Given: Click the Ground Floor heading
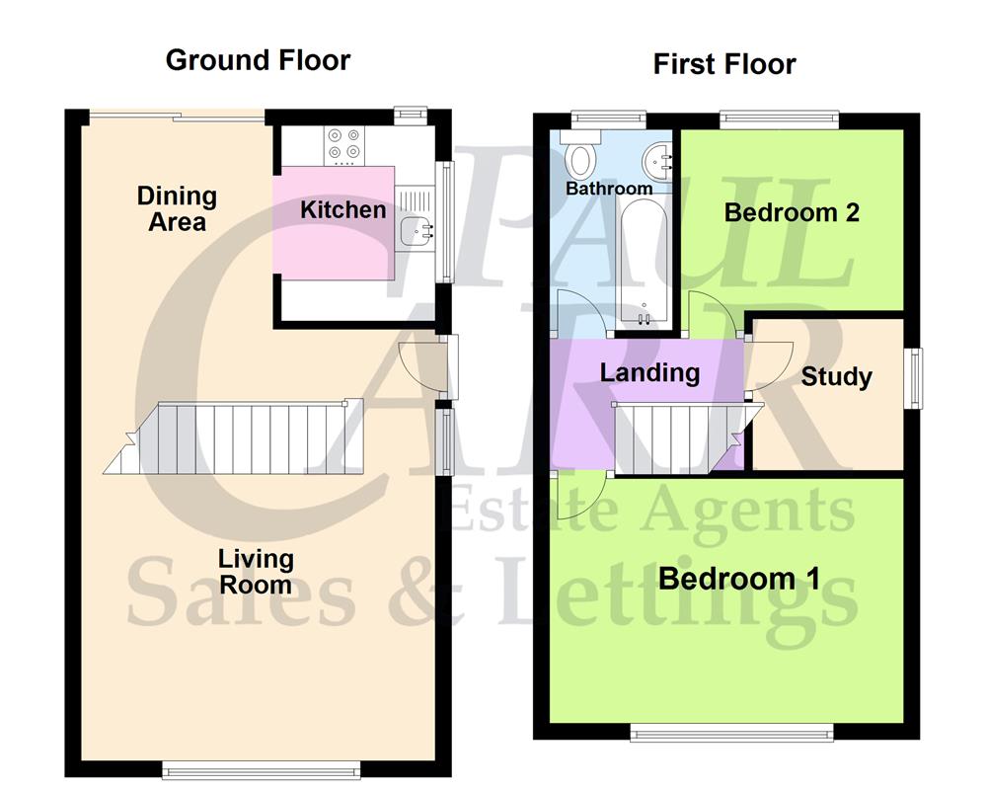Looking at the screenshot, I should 258,60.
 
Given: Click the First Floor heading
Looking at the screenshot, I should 724,65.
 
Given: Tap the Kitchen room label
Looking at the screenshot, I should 342,209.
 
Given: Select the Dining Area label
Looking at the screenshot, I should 177,208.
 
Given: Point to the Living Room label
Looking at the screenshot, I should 256,572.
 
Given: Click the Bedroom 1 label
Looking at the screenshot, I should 738,578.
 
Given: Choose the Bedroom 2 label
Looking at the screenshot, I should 792,212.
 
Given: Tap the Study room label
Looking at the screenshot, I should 836,376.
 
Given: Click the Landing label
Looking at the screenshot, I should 649,372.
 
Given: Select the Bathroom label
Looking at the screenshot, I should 609,188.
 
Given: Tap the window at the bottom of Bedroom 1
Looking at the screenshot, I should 731,732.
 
